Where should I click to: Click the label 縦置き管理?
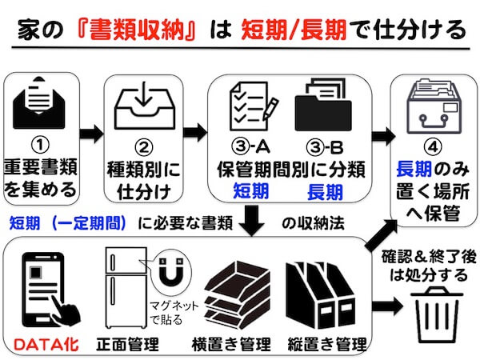point(327,346)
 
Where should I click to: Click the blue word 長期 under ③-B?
point(325,192)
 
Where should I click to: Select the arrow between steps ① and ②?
point(92,132)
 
